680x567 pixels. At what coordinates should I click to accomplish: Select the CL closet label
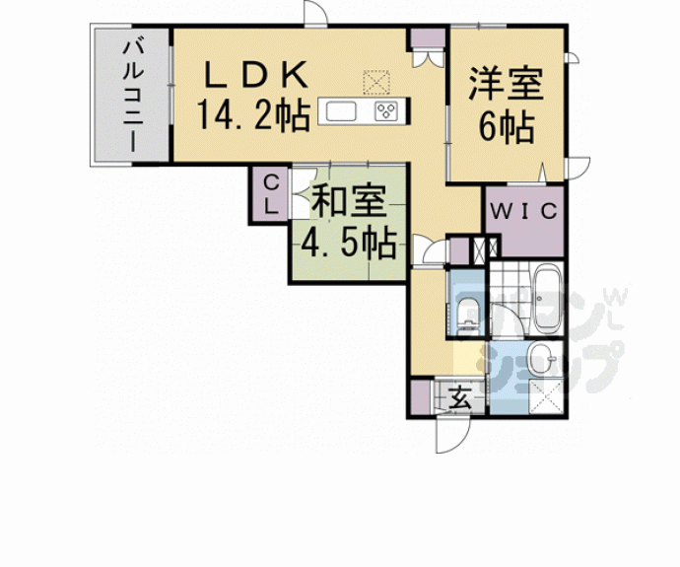pos(269,193)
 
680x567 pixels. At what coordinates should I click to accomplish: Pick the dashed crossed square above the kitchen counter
pos(377,79)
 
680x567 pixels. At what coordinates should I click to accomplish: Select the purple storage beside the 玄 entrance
pos(423,398)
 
